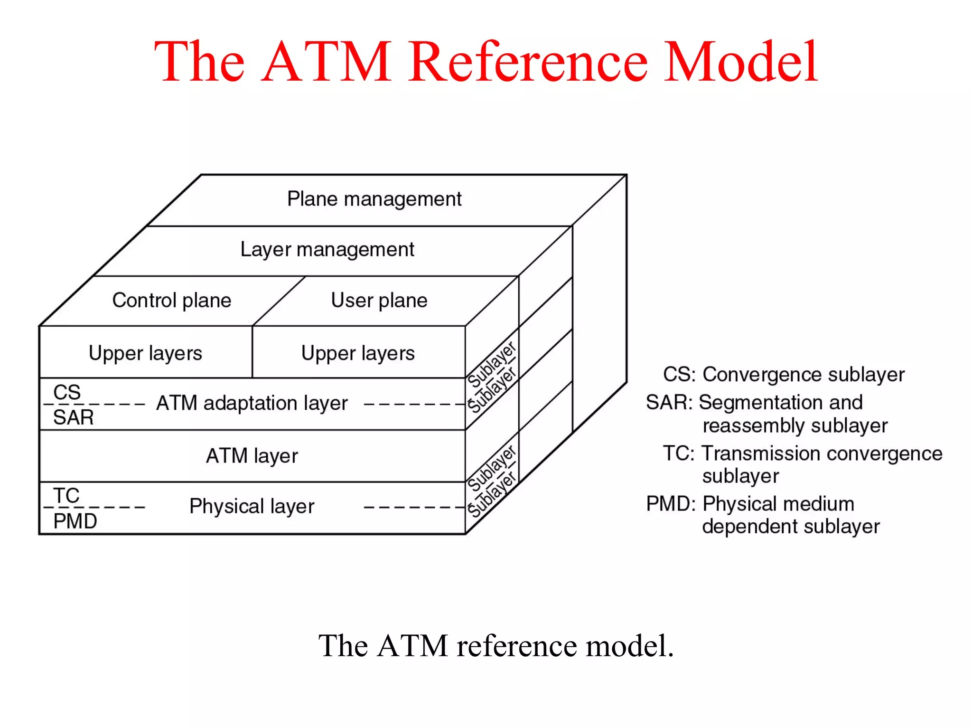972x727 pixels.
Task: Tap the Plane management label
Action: tap(374, 199)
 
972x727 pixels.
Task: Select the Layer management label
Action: tap(327, 249)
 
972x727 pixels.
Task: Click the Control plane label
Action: tap(171, 300)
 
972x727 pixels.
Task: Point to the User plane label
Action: tap(379, 300)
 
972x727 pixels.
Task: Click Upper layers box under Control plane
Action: tap(145, 353)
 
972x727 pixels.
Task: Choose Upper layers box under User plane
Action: tap(358, 353)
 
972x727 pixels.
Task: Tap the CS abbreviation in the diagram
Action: tap(67, 392)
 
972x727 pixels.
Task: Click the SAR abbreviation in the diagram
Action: tap(73, 417)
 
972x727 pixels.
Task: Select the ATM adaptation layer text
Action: tap(252, 403)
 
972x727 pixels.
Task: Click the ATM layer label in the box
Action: tap(252, 456)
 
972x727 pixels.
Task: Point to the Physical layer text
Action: tap(252, 506)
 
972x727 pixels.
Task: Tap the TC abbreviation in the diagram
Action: tap(66, 495)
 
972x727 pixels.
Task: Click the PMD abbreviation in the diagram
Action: tap(75, 521)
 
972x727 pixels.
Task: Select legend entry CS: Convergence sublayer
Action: tap(783, 375)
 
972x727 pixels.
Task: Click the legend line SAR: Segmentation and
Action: tap(754, 403)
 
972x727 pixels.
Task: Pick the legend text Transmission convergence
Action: tap(822, 453)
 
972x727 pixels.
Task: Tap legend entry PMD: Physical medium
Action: tap(750, 504)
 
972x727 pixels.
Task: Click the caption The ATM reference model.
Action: tap(495, 646)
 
